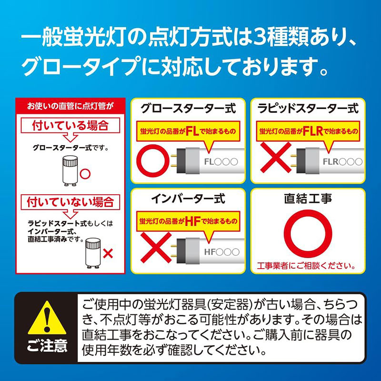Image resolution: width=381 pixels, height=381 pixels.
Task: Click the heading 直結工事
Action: [308, 199]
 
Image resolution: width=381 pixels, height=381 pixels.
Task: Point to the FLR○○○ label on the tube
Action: [342, 161]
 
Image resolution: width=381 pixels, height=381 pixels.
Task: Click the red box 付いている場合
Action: [70, 126]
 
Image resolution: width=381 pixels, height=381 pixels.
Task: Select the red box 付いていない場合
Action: [70, 202]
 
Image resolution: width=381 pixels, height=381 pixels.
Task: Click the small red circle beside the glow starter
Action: [86, 172]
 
